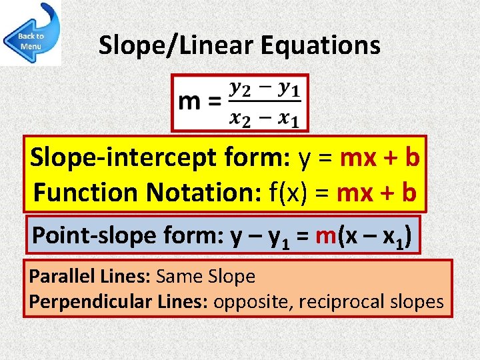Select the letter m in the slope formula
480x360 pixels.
point(190,101)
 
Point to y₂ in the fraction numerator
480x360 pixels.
point(241,87)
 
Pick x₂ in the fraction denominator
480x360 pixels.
point(241,118)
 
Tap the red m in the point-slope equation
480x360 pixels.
point(325,235)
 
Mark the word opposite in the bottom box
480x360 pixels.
point(253,301)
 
